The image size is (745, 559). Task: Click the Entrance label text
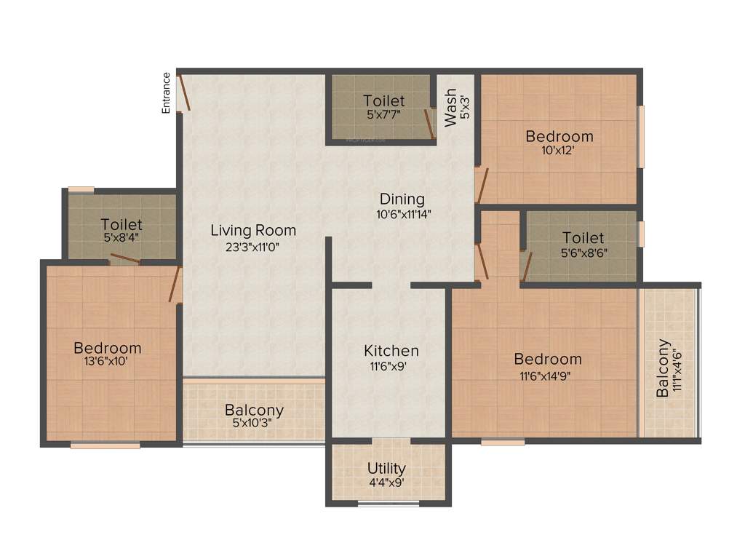pos(166,92)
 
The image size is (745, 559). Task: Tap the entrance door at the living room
pos(185,93)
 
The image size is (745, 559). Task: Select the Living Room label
pos(253,231)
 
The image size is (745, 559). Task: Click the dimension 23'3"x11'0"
pos(253,247)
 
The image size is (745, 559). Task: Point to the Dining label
pos(401,199)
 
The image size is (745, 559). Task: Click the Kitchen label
pos(391,351)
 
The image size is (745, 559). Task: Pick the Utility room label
pos(386,468)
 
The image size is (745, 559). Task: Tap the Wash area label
pos(452,107)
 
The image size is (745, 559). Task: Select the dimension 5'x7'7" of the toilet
pos(384,115)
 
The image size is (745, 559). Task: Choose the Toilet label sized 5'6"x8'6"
pos(583,238)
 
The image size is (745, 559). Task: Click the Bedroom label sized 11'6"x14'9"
pos(548,359)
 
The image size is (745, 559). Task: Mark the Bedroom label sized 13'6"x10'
pos(107,348)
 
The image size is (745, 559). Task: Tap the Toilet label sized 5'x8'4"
pos(121,224)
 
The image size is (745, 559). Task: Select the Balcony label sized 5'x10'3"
pos(254,411)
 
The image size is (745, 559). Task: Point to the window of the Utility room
pos(389,502)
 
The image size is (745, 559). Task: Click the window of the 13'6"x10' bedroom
pos(105,445)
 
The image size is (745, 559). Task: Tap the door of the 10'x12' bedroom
pos(481,185)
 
